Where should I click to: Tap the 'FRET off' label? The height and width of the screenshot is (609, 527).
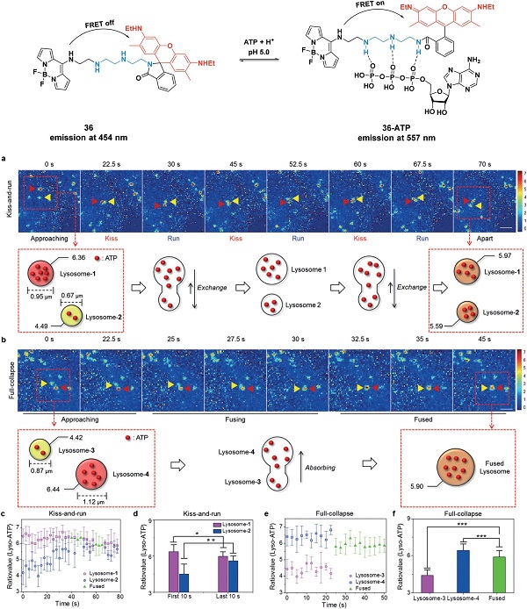(x=103, y=17)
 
